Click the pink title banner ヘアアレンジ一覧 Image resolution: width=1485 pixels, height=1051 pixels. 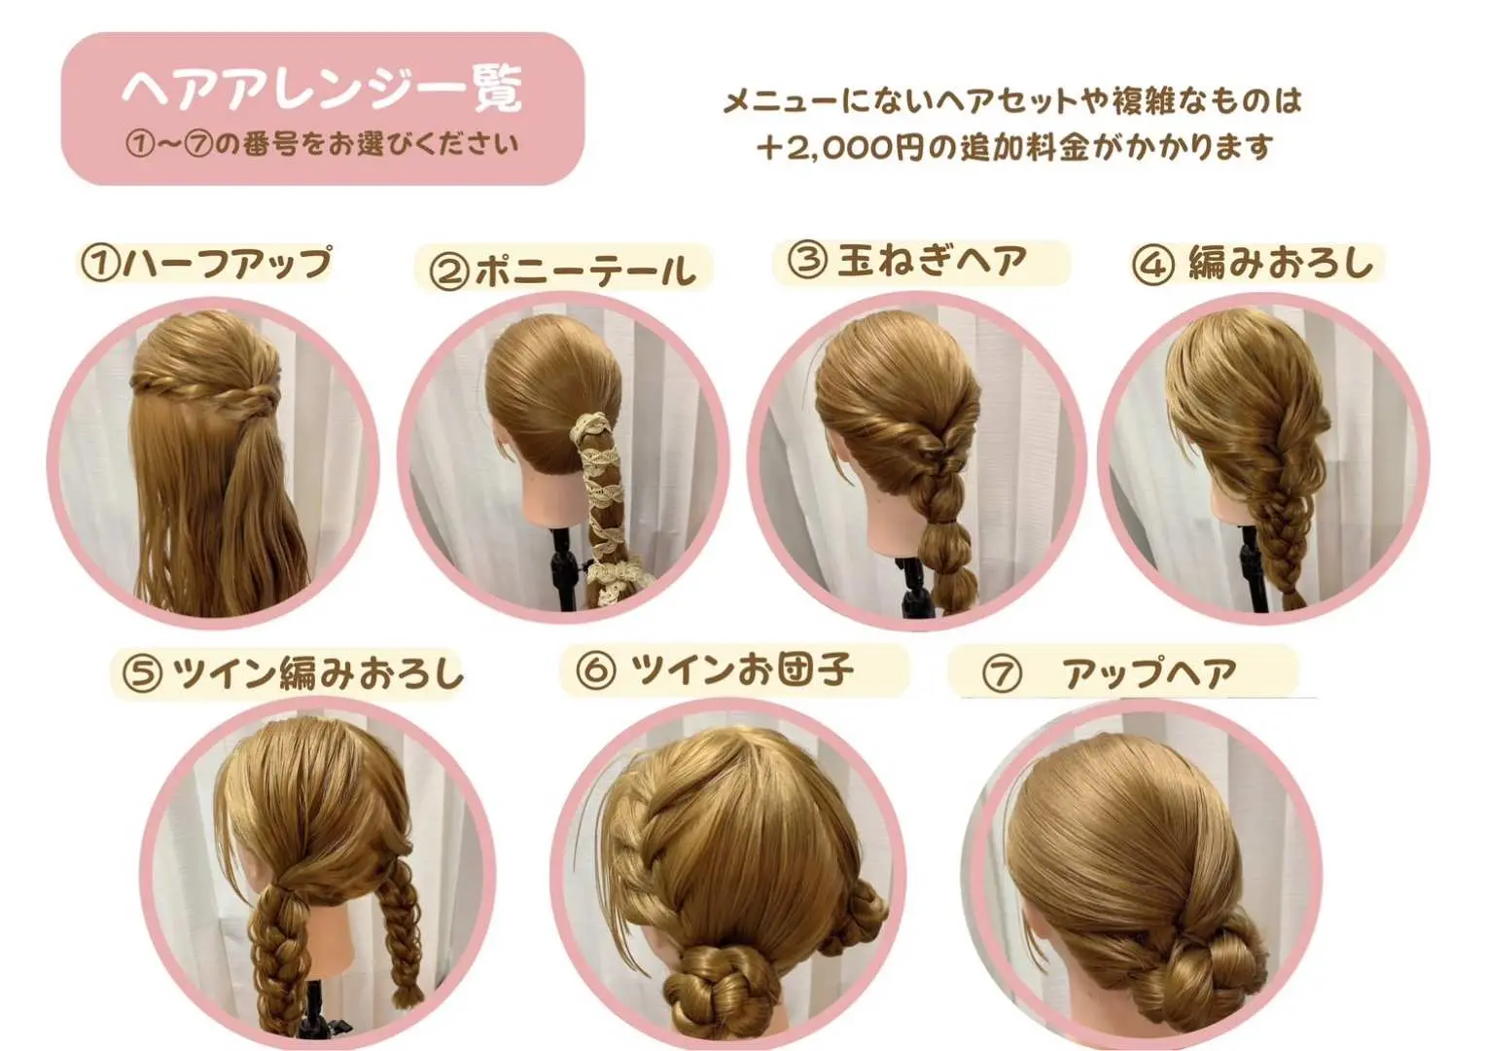coord(323,109)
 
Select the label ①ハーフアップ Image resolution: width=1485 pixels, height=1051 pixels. coord(206,264)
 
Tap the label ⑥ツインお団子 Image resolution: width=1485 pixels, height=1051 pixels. coord(715,670)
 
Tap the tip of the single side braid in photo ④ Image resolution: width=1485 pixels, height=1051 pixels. coord(1292,599)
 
